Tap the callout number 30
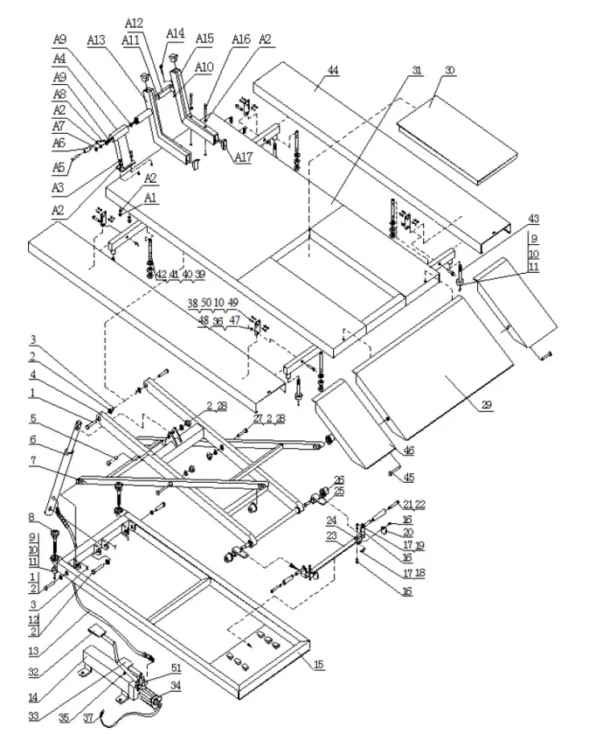point(449,69)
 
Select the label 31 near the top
point(416,69)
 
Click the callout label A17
point(243,158)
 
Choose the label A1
point(151,199)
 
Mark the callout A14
point(176,33)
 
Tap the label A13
point(96,40)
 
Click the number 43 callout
point(533,218)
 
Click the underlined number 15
point(319,665)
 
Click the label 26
point(339,479)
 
